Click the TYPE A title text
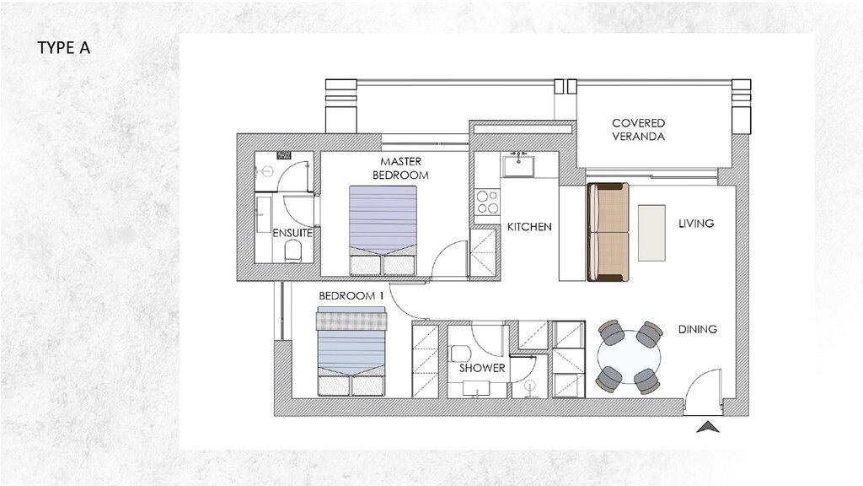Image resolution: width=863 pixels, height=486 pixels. (64, 47)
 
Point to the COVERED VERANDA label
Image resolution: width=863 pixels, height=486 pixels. (638, 129)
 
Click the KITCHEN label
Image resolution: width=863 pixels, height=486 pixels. (529, 227)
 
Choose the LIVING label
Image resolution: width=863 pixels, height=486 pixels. (696, 224)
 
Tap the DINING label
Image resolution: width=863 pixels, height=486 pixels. (698, 329)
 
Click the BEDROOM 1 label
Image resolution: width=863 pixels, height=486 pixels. (351, 297)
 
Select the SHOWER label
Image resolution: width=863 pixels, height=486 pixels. (482, 368)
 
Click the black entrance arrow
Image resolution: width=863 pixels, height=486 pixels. (709, 427)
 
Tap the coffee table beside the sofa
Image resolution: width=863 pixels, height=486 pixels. (653, 232)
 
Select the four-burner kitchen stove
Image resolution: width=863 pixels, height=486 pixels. (487, 202)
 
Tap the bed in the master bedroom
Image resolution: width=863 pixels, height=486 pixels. (383, 226)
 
